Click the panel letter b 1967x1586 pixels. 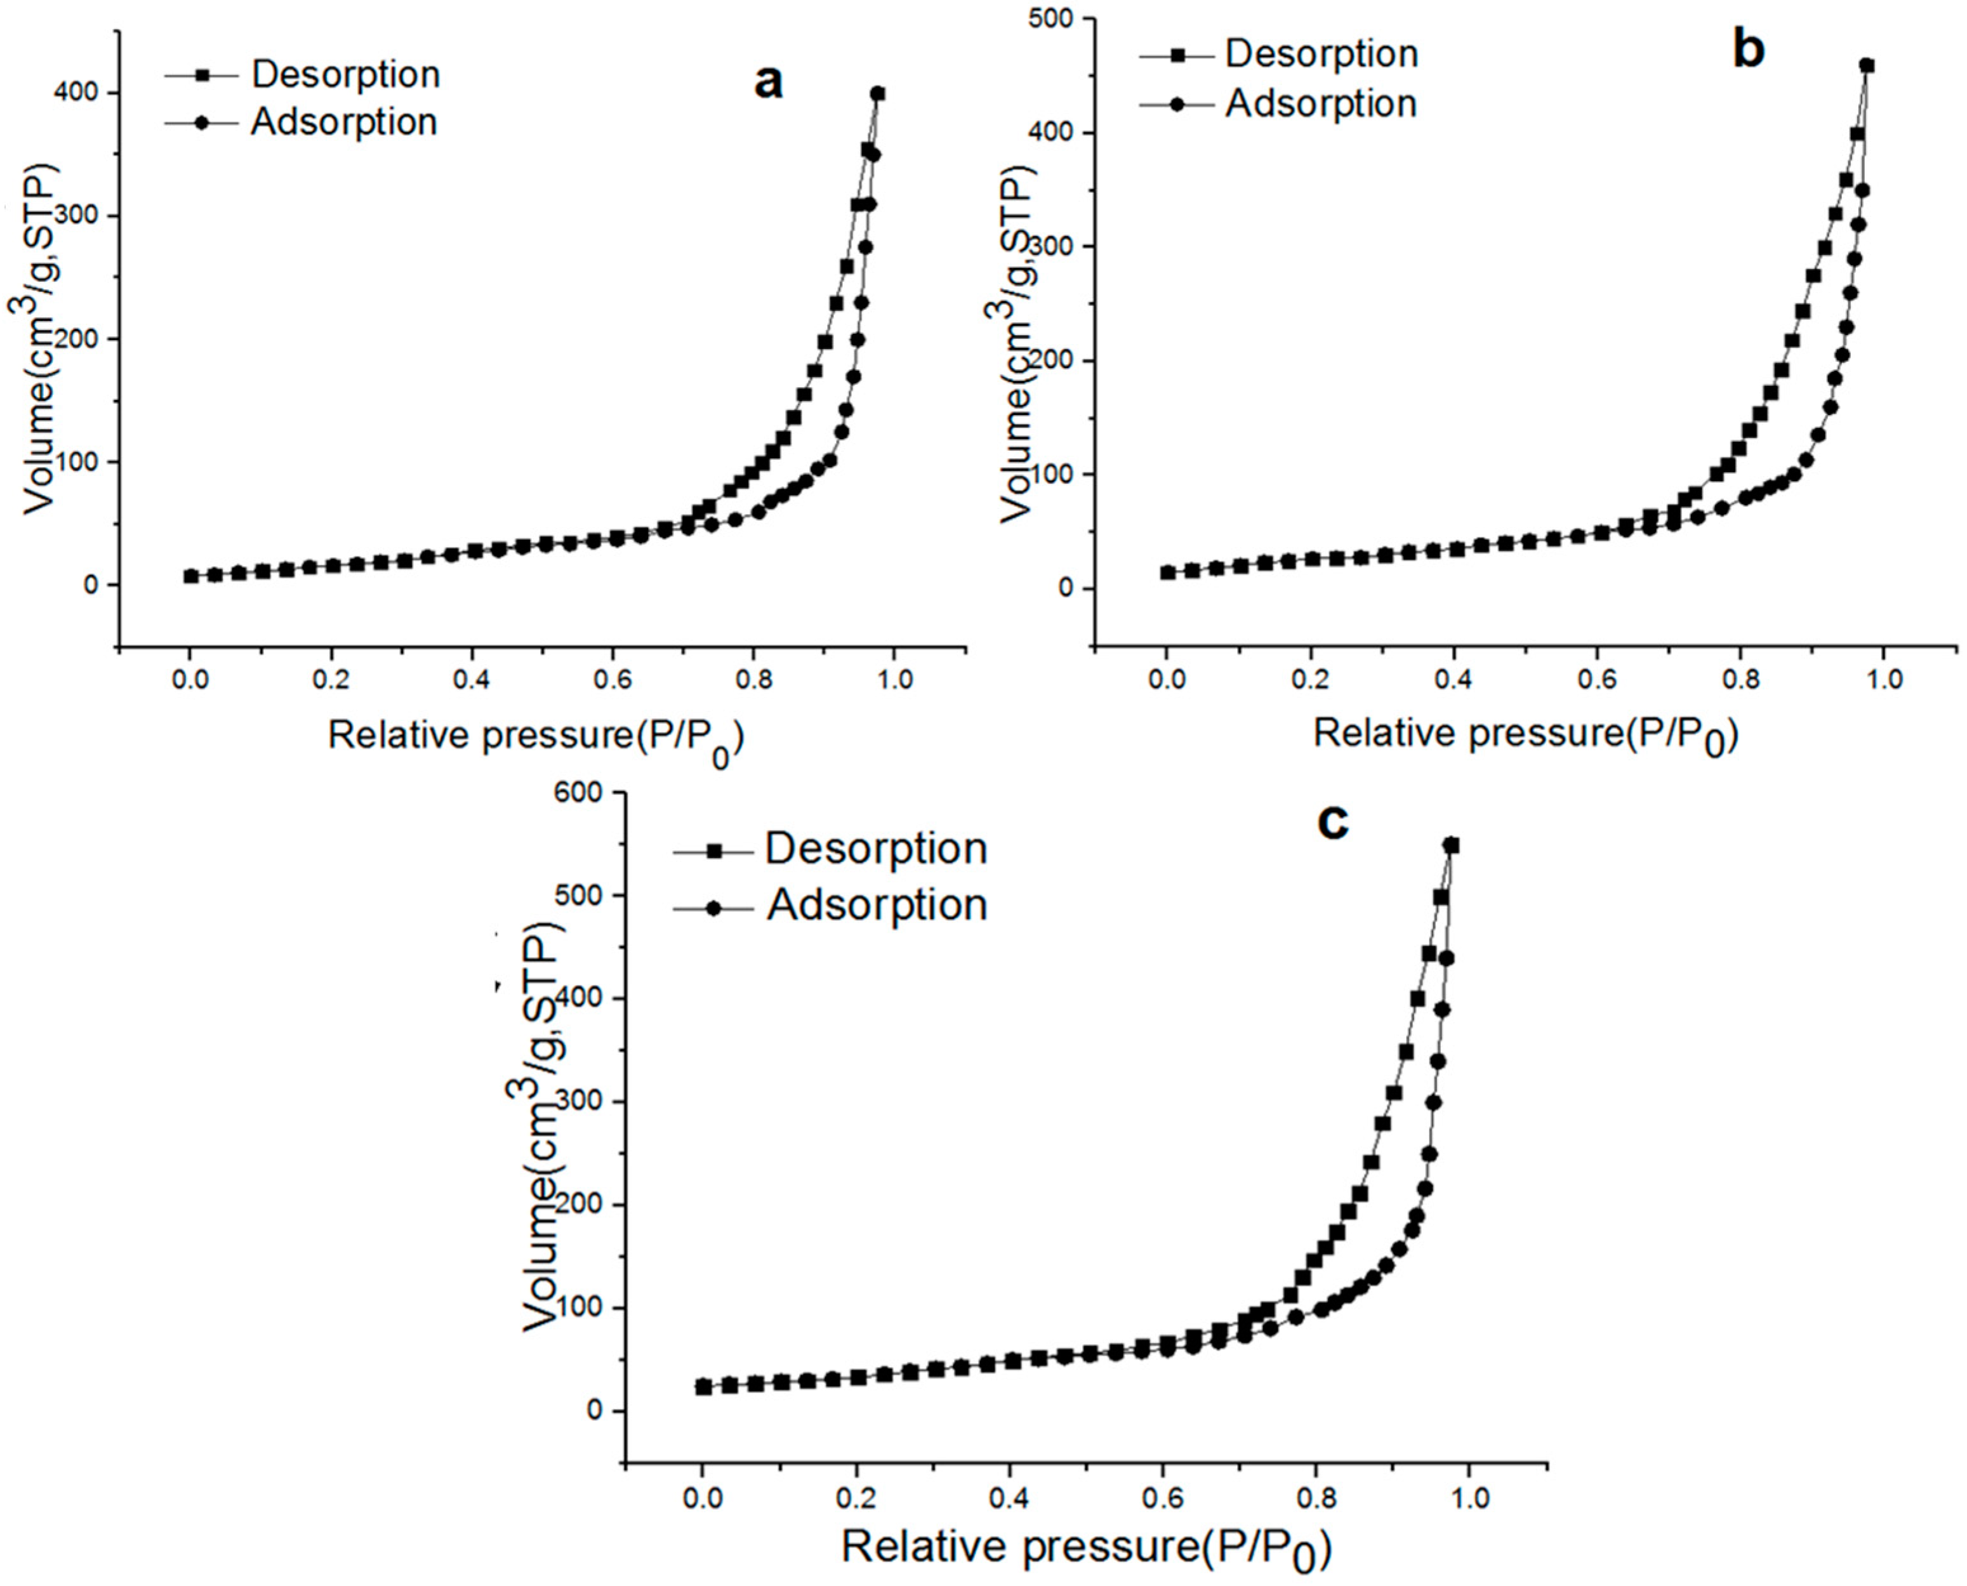point(1748,50)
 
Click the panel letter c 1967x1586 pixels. point(1332,821)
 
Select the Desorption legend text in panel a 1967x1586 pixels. point(345,74)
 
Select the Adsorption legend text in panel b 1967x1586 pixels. point(1320,103)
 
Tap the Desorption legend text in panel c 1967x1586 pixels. point(876,849)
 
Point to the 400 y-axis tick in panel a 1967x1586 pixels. point(79,93)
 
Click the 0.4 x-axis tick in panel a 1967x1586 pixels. point(472,680)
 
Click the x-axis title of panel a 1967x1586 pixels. point(535,736)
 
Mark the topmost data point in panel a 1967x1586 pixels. point(877,93)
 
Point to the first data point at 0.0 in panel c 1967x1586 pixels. point(703,1387)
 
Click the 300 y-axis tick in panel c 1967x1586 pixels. point(584,1102)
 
